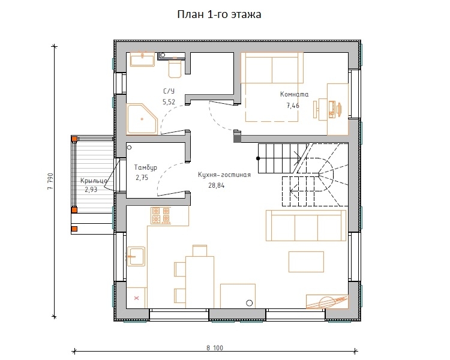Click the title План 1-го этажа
click(219, 14)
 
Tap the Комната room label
click(294, 94)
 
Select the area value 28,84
click(217, 185)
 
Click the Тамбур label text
click(146, 167)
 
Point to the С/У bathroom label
click(169, 91)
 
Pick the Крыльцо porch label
click(94, 181)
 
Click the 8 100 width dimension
click(215, 348)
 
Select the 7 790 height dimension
click(50, 181)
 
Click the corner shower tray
click(142, 119)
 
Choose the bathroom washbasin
click(143, 59)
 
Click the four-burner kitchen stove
click(161, 215)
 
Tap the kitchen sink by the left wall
click(136, 256)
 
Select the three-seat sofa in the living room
click(306, 226)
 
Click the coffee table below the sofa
click(306, 262)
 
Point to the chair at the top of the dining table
click(200, 250)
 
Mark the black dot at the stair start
click(258, 158)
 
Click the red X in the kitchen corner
click(136, 298)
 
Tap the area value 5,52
click(169, 102)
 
